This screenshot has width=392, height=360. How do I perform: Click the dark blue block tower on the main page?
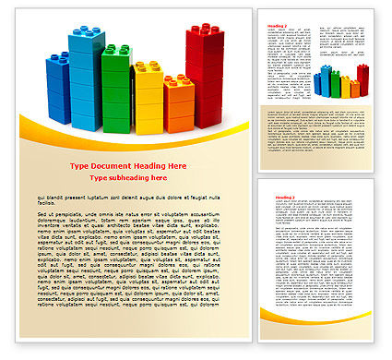[57, 89]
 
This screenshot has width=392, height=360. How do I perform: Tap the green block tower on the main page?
[116, 88]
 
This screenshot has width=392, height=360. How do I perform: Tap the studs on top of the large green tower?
[117, 49]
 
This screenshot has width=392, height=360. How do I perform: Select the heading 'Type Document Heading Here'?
[128, 165]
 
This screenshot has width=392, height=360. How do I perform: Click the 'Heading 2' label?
[275, 25]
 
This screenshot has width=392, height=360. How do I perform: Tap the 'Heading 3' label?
[275, 198]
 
